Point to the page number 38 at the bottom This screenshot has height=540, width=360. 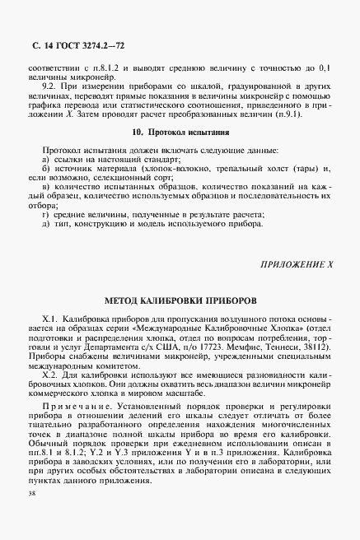pyautogui.click(x=31, y=516)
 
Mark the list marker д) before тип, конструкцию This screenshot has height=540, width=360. pyautogui.click(x=45, y=246)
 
